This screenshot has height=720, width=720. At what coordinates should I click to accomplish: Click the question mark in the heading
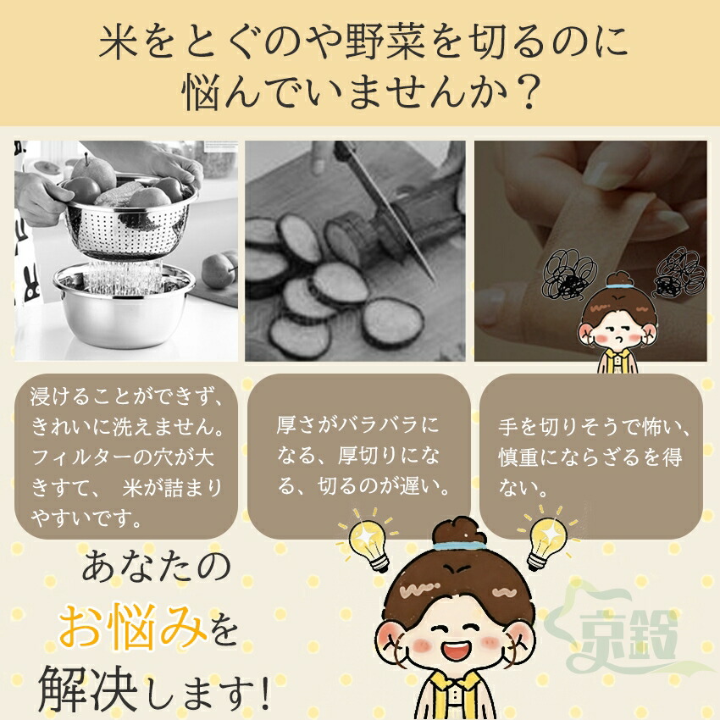[525, 91]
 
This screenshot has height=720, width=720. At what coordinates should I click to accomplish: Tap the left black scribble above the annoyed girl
[569, 275]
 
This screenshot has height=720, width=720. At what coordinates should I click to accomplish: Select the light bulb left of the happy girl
[368, 541]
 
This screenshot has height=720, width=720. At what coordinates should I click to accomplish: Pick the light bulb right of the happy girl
[548, 538]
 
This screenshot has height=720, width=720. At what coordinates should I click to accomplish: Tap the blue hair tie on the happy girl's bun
[457, 546]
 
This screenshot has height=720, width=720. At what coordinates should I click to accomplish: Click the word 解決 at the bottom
[88, 689]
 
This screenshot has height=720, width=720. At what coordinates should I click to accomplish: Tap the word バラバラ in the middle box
[379, 425]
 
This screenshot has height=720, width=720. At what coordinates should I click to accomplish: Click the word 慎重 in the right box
[520, 457]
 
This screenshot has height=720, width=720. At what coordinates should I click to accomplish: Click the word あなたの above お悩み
[156, 567]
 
